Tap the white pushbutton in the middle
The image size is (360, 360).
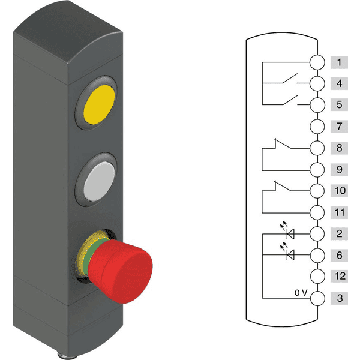(98, 178)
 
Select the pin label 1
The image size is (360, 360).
(339, 62)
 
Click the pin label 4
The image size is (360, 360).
(339, 83)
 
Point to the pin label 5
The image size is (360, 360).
(339, 105)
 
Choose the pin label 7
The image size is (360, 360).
(339, 127)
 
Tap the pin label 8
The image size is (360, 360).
(339, 148)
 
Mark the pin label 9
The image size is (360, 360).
(339, 169)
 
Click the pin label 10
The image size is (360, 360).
(339, 191)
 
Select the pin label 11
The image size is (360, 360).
(339, 212)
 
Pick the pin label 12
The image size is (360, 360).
(339, 277)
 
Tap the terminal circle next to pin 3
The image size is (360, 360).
(317, 298)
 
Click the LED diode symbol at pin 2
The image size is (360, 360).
(291, 233)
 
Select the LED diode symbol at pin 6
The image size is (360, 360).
(291, 255)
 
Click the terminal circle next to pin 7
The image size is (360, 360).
(317, 127)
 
